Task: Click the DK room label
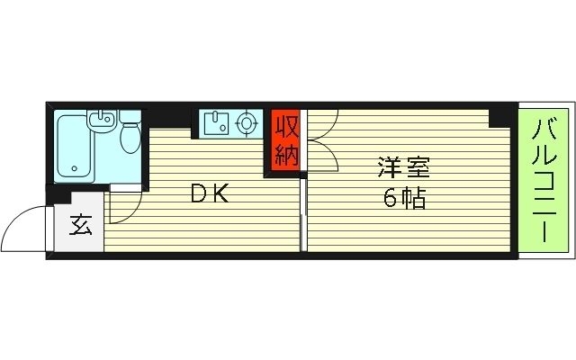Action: click(211, 192)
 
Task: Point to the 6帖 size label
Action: click(403, 199)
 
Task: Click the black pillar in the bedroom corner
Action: click(497, 117)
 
